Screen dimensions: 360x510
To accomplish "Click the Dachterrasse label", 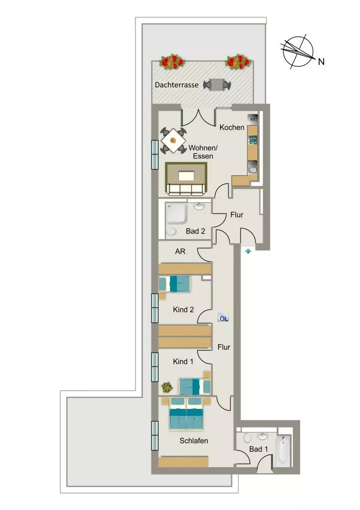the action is (x=177, y=85).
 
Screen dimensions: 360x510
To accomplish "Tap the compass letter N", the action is (x=321, y=61).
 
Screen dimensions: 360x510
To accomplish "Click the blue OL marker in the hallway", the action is (x=224, y=318).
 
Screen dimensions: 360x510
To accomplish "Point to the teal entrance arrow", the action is (x=248, y=251).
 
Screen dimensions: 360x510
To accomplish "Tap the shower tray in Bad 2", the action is (x=176, y=214).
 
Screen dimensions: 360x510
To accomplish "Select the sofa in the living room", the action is (x=185, y=189).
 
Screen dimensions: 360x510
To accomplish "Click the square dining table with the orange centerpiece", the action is (x=173, y=140).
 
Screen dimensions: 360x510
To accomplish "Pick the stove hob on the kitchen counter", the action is (x=252, y=140).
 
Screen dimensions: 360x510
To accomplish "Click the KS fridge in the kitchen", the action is (x=252, y=119).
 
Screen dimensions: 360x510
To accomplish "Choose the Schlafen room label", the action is (x=194, y=441).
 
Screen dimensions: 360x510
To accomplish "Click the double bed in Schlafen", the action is (x=186, y=414).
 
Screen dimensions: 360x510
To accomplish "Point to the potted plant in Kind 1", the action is (x=167, y=387).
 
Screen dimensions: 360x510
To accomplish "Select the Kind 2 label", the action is (x=183, y=310).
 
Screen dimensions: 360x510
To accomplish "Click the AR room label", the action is (x=180, y=252).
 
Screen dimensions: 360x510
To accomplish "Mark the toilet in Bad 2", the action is (x=171, y=231).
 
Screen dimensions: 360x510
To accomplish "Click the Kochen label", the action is (x=232, y=127).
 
